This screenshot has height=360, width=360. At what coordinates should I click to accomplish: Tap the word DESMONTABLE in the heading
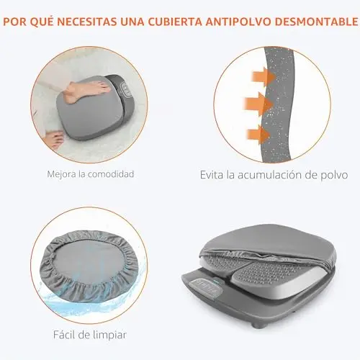(x=316, y=22)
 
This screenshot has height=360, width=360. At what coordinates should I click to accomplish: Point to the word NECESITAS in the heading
(x=87, y=22)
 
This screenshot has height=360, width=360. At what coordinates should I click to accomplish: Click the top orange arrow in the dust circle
(x=264, y=77)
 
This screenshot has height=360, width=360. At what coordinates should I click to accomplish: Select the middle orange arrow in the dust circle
(x=258, y=104)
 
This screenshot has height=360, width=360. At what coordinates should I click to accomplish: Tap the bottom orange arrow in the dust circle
(x=258, y=135)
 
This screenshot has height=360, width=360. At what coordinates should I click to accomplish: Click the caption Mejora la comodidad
(x=91, y=174)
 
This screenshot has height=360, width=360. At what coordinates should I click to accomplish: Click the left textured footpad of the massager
(x=225, y=264)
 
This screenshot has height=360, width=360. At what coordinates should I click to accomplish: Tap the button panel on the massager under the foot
(x=127, y=89)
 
